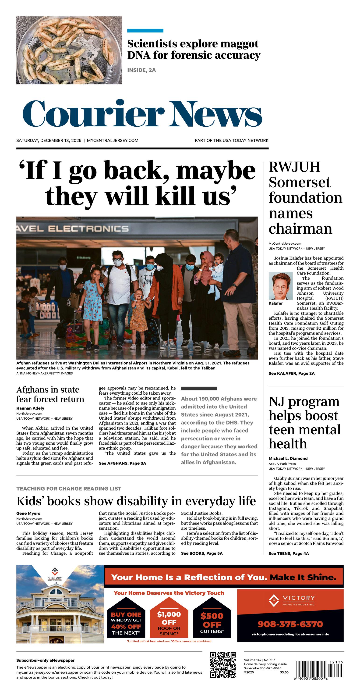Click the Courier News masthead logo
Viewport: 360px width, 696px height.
[x=142, y=114]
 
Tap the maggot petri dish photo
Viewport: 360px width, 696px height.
[x=69, y=50]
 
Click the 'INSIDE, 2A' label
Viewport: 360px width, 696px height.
[x=141, y=70]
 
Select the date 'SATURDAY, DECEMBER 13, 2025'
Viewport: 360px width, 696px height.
[x=49, y=140]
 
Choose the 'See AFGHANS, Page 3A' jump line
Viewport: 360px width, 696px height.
[x=122, y=463]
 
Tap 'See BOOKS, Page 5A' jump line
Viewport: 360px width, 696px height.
[x=202, y=553]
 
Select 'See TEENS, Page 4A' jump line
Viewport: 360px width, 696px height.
[x=288, y=553]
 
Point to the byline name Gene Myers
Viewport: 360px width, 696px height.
[x=28, y=513]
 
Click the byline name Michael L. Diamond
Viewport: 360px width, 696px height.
[x=288, y=458]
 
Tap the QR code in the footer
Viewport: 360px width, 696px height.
[x=223, y=665]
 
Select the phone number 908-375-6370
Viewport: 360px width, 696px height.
[x=290, y=624]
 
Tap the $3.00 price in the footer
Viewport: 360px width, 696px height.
[x=284, y=672]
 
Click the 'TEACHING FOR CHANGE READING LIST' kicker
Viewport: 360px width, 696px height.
[x=69, y=489]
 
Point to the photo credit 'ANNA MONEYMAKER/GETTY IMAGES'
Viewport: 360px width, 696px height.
[x=45, y=373]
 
